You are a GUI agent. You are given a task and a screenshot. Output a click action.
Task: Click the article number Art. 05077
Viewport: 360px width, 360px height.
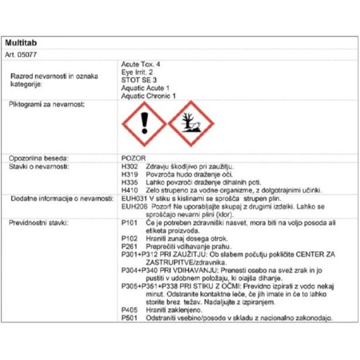point(21,54)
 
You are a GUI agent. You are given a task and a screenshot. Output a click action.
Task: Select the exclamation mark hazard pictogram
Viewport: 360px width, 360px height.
point(145,124)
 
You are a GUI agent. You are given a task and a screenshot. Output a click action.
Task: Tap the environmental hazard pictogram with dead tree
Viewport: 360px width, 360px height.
point(191,124)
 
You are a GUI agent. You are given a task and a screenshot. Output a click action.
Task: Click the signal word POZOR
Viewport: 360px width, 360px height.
point(131,158)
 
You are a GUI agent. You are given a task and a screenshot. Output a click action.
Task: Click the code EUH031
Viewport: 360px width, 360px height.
point(132,198)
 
